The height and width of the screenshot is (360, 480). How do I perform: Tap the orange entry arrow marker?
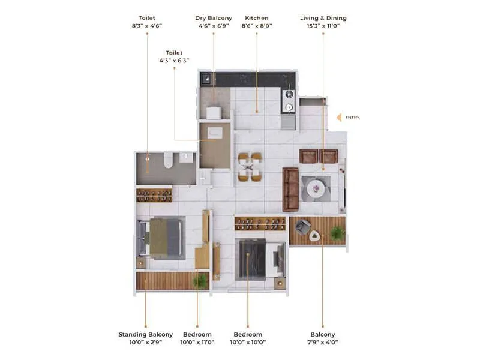338,118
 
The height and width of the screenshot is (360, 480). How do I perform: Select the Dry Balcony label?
214,19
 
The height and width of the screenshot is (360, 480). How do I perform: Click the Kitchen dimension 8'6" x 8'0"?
257,26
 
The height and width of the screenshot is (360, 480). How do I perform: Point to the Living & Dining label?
323,19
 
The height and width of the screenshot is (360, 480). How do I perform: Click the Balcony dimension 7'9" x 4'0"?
323,342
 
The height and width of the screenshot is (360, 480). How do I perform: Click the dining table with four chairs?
250,167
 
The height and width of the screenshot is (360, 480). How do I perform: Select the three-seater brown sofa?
290,190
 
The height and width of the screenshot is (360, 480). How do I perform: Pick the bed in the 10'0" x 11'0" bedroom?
162,238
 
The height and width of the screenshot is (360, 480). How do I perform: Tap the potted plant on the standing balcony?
200,280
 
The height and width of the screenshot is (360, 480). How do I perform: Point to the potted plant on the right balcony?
337,232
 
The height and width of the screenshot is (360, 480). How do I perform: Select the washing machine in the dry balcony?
214,113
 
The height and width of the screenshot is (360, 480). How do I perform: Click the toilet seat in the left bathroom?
169,160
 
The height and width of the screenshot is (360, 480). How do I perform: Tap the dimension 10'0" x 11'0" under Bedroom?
197,342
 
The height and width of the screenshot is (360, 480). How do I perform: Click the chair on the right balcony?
302,227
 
